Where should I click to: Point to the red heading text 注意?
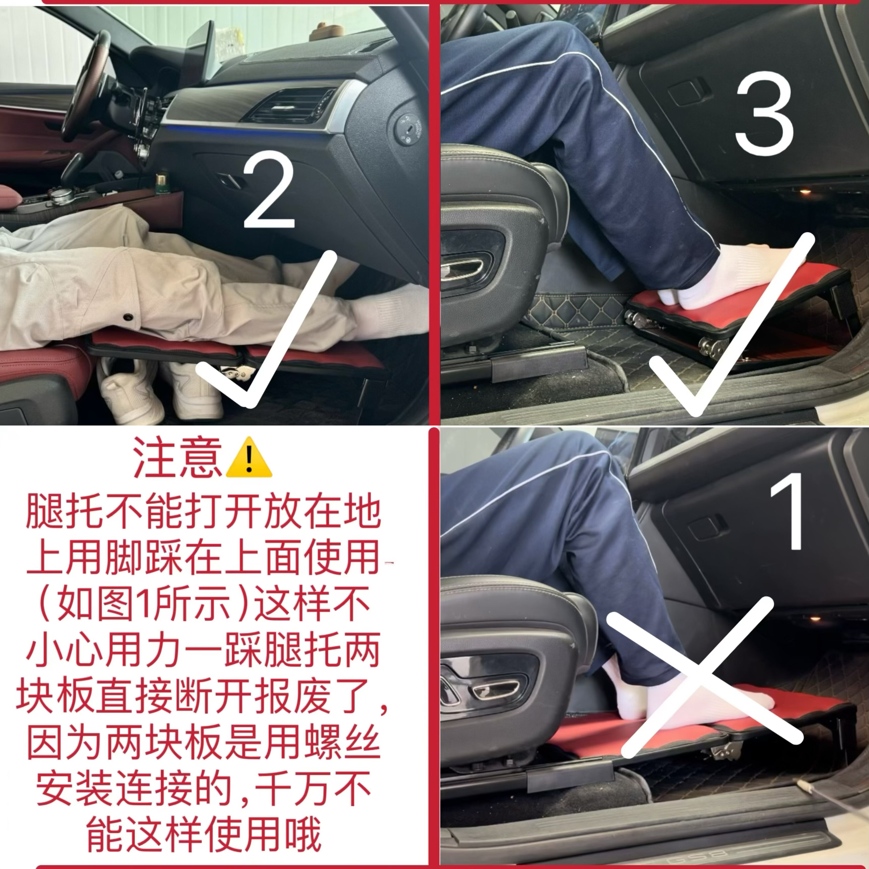pyautogui.click(x=178, y=459)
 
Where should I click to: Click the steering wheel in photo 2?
pyautogui.click(x=85, y=85)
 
